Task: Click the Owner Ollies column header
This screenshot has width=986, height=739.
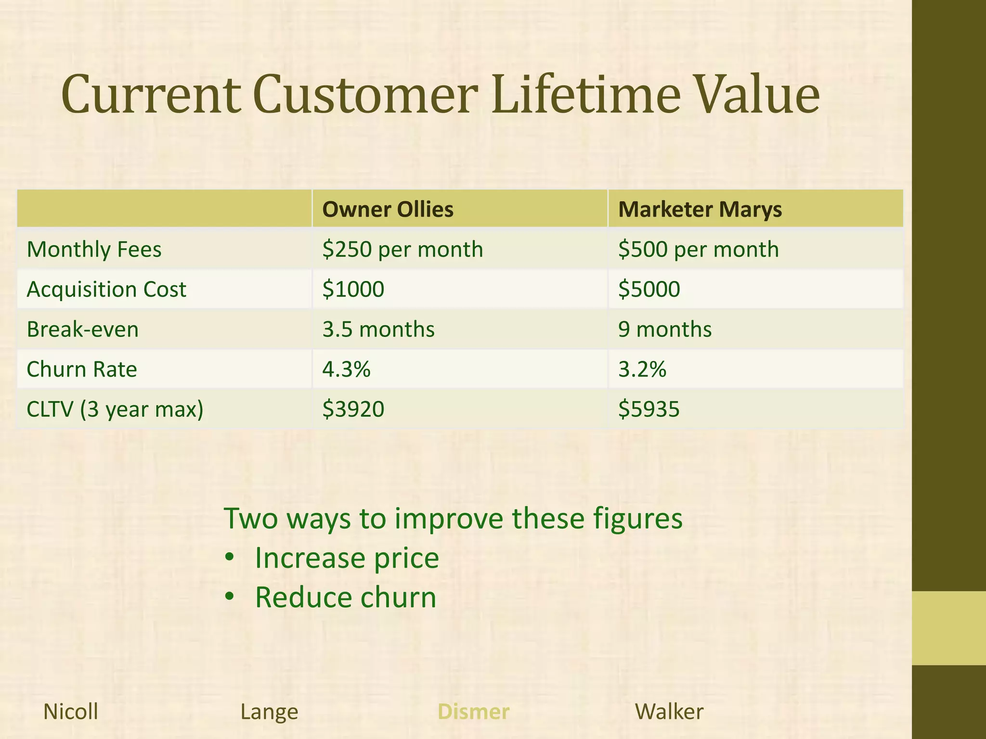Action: [388, 209]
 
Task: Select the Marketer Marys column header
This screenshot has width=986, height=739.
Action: [700, 209]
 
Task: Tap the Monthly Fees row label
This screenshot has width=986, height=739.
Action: [94, 249]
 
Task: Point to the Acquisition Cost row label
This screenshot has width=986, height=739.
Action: [106, 289]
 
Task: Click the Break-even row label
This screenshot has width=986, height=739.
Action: [82, 330]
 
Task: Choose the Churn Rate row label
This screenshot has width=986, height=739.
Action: [82, 369]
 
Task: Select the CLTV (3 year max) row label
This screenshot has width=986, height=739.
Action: [115, 409]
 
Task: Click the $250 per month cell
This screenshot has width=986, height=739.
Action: [402, 249]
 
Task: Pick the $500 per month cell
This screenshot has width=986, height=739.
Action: [698, 249]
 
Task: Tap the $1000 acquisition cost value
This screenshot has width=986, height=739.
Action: [353, 289]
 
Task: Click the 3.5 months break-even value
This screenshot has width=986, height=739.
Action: [378, 330]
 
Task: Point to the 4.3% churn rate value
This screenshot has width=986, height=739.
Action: [346, 369]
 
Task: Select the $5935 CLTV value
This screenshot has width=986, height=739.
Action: [649, 409]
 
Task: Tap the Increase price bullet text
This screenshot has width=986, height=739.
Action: [347, 558]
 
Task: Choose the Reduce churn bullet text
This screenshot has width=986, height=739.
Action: [345, 598]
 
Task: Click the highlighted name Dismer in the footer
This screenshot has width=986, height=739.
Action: [473, 712]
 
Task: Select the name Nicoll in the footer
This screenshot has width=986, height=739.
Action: [71, 712]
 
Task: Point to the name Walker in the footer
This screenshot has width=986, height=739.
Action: [669, 712]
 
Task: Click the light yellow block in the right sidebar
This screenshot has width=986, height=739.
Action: [949, 628]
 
